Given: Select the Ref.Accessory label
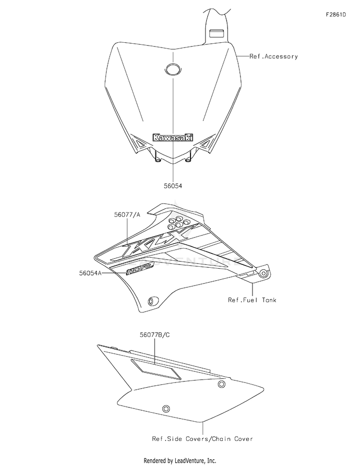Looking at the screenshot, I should point(274,57).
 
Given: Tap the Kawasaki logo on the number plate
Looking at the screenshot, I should point(173,138).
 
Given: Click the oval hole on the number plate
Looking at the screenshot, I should point(172,70).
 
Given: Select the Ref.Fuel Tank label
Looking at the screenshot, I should point(252,300).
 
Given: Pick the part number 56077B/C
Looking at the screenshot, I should point(153,335).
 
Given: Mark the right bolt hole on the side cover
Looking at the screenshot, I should point(221,384).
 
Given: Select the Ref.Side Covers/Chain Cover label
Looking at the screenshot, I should point(202,439).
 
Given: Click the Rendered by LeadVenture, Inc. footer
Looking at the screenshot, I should point(180,460).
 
